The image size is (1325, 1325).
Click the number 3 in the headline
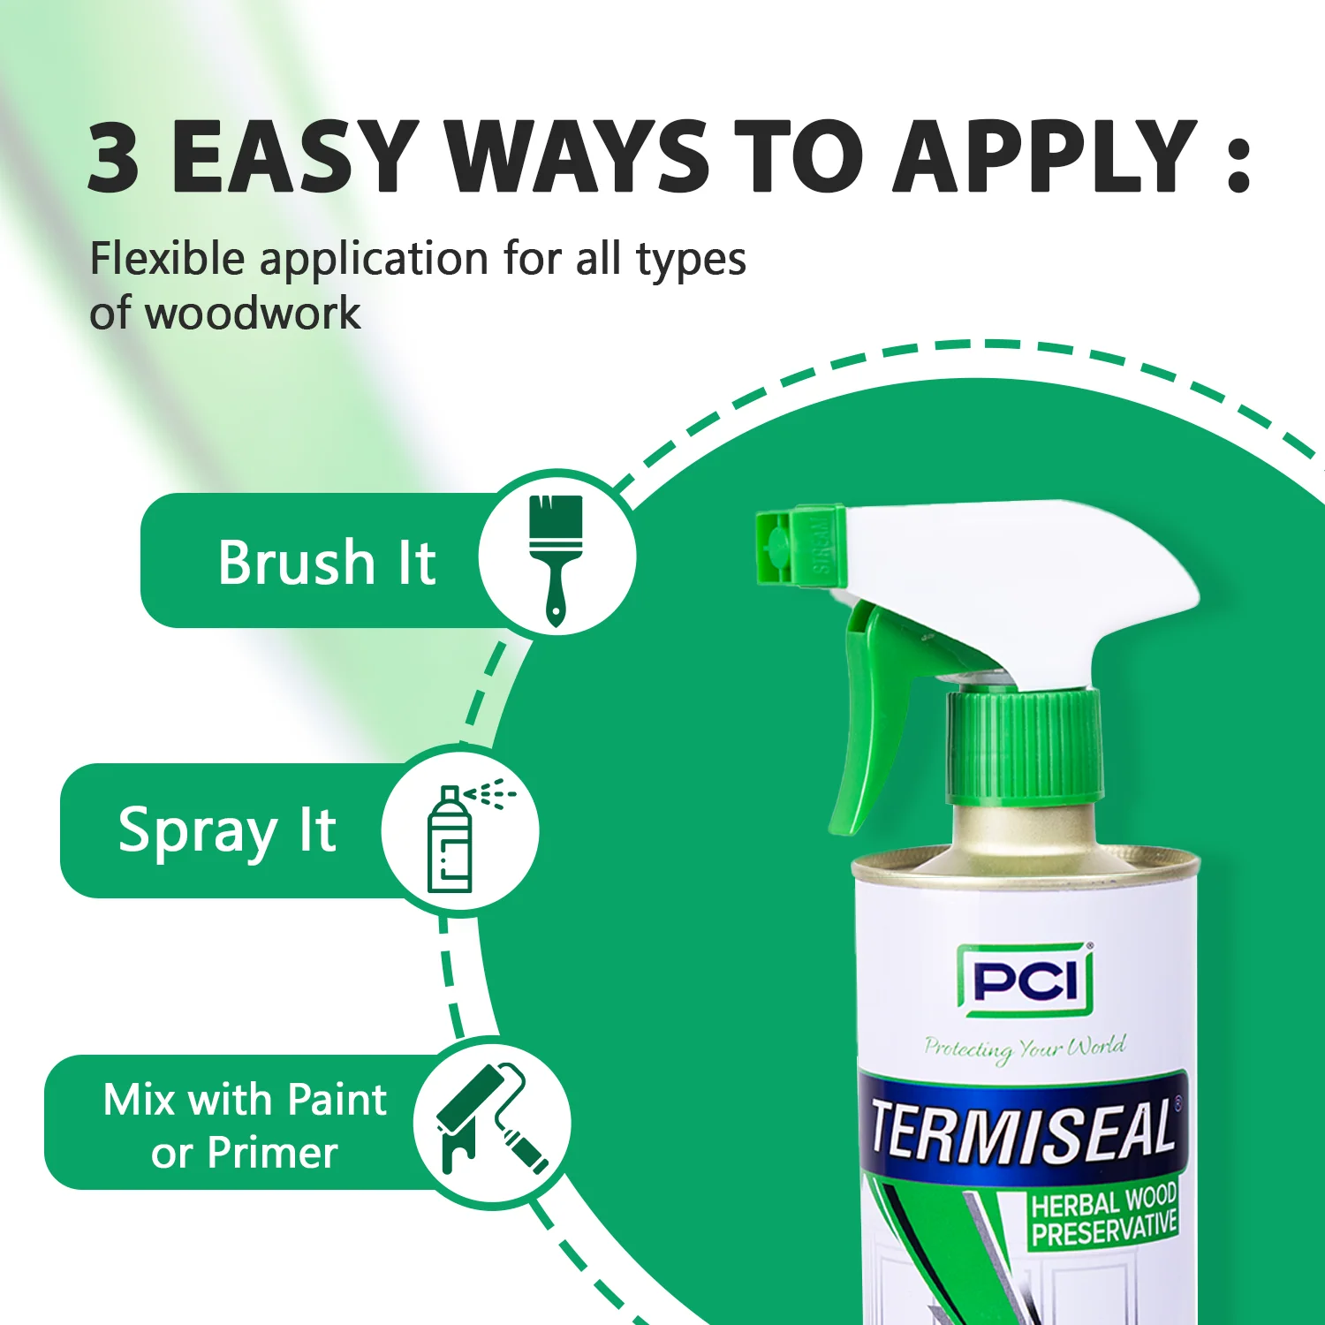[114, 157]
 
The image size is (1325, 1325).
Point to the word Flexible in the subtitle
[167, 260]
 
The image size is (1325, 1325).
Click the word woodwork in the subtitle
[252, 314]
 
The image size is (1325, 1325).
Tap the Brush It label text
[327, 562]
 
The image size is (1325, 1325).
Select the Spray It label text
[227, 831]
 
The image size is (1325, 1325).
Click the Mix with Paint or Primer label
[245, 1125]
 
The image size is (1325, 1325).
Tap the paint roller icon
[490, 1122]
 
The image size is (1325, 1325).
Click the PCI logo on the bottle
[1025, 980]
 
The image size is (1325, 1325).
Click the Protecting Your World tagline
[1025, 1048]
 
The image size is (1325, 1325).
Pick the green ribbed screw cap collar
[1025, 746]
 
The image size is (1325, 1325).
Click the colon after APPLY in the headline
[1238, 163]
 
